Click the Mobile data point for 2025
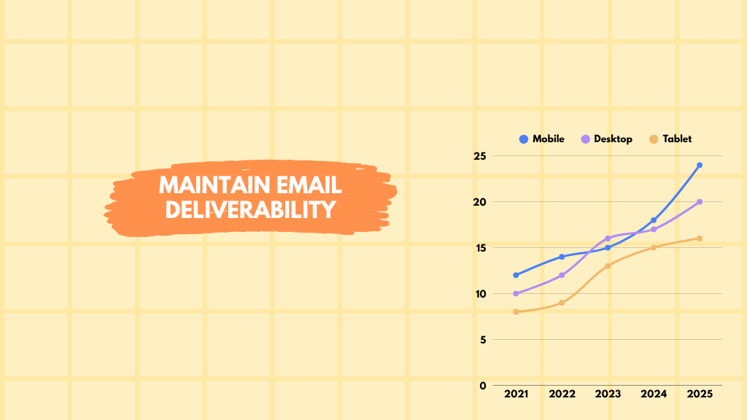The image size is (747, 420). tap(700, 165)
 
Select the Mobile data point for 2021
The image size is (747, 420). tap(516, 275)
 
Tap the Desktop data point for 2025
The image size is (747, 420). tap(700, 202)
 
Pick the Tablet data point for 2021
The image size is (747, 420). tap(516, 312)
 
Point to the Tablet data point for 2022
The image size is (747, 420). tap(562, 303)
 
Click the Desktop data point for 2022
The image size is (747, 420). tap(562, 275)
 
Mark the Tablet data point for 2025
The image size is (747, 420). tap(700, 238)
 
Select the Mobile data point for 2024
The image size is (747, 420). tap(654, 220)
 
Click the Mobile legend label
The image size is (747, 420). tap(548, 139)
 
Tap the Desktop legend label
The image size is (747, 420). tap(613, 139)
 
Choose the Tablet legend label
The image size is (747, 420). tap(677, 139)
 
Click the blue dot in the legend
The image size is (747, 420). tap(523, 139)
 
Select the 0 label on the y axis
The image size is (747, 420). tap(482, 385)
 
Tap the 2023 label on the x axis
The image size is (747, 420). tap(608, 394)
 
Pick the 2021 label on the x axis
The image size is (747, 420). tap(516, 394)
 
